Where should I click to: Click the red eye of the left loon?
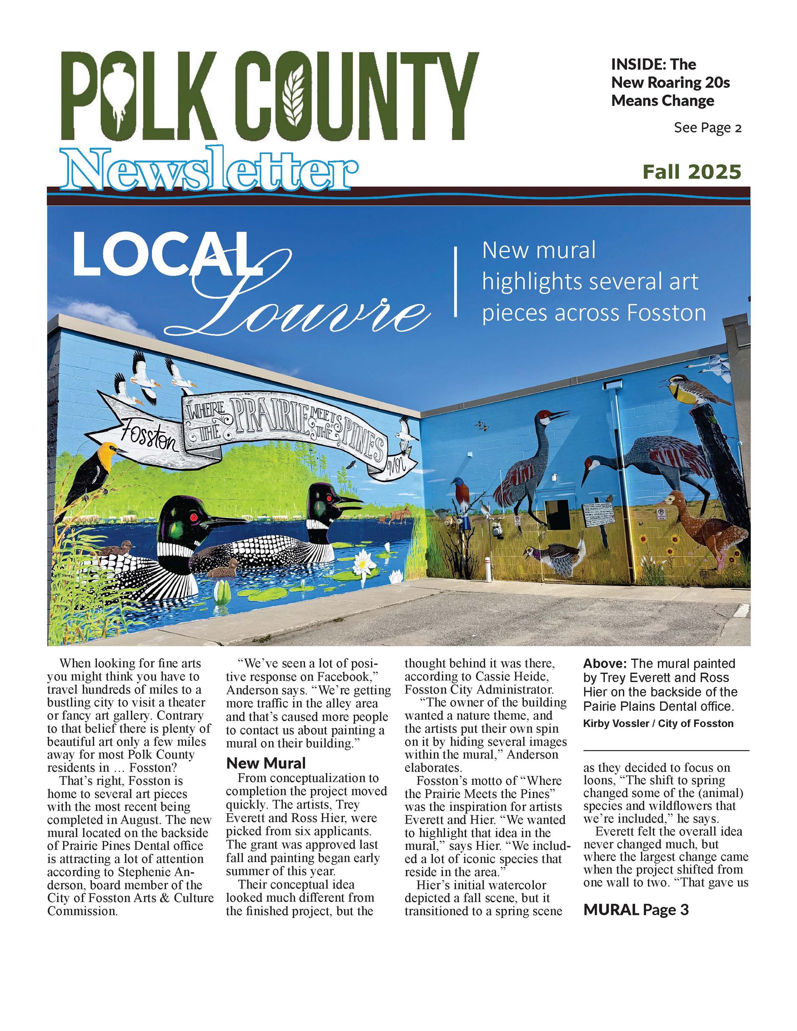(193, 518)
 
